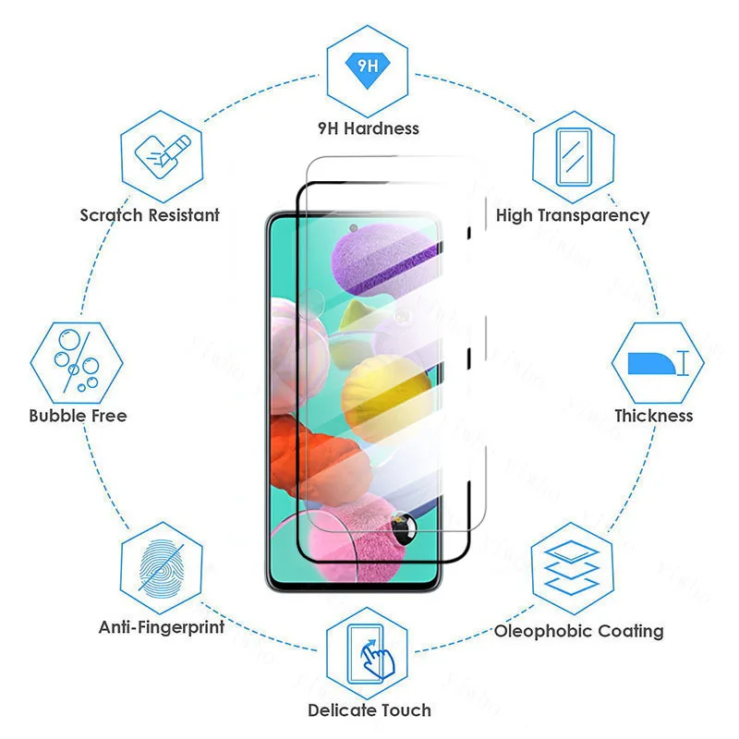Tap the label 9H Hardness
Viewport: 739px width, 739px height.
tap(369, 128)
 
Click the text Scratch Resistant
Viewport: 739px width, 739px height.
tap(150, 215)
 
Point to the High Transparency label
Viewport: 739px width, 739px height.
tap(573, 215)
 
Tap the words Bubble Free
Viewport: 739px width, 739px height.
tap(78, 416)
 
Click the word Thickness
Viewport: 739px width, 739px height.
tap(654, 416)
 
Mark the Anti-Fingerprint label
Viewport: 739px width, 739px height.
tap(162, 627)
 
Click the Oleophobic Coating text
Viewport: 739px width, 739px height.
tap(579, 631)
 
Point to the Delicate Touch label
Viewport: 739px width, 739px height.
tap(369, 710)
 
